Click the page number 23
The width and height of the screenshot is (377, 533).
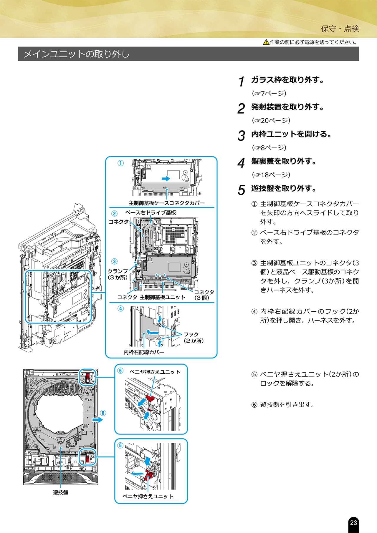pos(353,522)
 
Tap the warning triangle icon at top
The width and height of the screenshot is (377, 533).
pos(266,42)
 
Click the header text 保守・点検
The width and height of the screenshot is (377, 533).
pos(340,29)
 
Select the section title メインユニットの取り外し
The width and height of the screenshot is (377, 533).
pos(76,54)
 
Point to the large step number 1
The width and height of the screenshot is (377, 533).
pos(242,82)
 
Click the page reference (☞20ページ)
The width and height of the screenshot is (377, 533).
pos(271,120)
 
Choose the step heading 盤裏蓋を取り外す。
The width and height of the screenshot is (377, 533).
pos(284,161)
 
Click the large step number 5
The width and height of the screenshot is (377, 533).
pos(241,190)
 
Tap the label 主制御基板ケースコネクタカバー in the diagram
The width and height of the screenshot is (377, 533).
pos(166,203)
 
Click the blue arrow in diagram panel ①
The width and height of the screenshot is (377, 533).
pos(166,178)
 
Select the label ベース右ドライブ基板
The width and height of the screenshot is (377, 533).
pos(151,212)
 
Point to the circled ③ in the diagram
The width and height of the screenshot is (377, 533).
pos(114,261)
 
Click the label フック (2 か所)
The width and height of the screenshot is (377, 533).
pos(194,338)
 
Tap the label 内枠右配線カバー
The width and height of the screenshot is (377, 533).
pos(144,352)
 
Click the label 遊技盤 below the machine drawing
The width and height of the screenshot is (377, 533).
pos(61,492)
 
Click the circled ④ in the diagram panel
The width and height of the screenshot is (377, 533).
pos(120,308)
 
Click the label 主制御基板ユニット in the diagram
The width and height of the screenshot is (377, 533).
pos(162,297)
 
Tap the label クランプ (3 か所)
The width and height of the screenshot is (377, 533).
pos(118,274)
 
